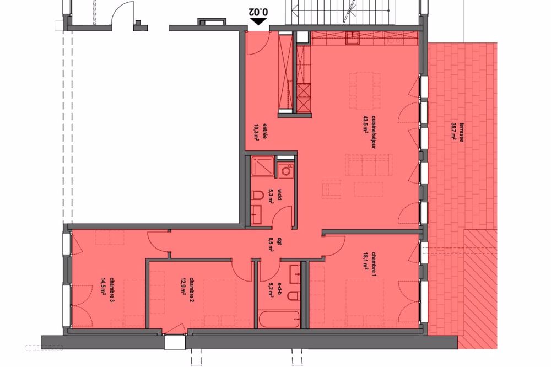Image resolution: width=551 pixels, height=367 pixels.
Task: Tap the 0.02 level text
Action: (258, 12)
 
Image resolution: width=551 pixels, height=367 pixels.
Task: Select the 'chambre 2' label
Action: (191, 290)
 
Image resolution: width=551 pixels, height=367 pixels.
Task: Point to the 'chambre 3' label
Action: (112, 290)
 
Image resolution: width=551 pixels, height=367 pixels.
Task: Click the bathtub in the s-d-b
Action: (279, 319)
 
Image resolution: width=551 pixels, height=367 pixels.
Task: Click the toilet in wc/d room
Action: (257, 195)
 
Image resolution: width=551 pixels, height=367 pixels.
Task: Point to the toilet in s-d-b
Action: (294, 296)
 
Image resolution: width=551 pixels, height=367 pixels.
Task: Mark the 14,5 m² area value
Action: (104, 290)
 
